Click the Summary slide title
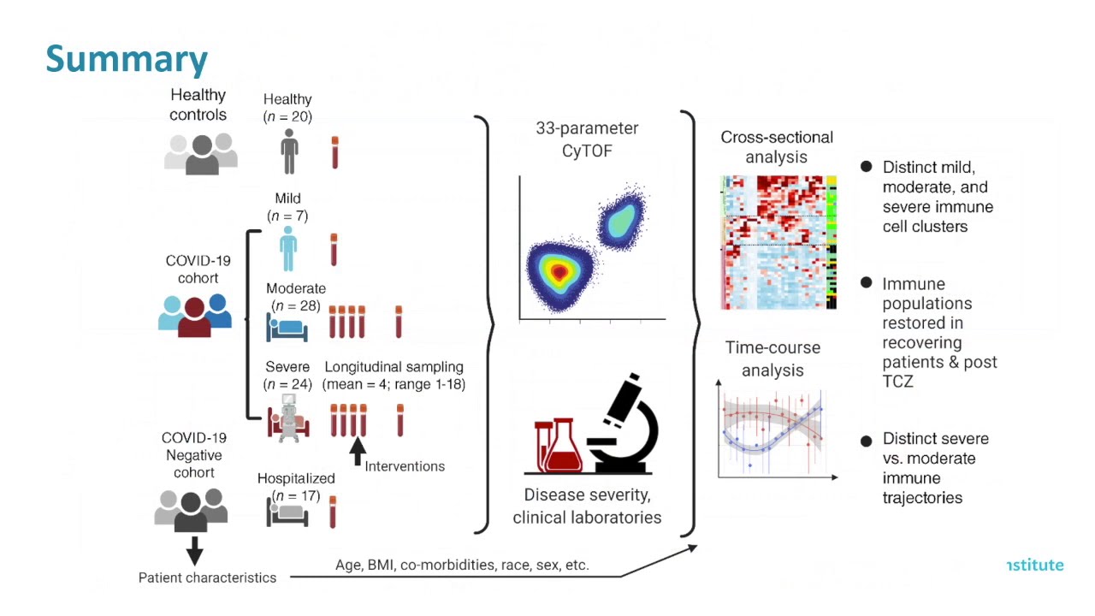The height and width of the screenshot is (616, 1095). click(127, 59)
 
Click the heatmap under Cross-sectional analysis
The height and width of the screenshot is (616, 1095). click(778, 242)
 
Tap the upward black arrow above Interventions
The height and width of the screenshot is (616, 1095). click(358, 450)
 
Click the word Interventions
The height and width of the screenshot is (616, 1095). click(405, 466)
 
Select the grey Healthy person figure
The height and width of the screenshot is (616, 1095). click(289, 151)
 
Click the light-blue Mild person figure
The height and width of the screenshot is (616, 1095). click(288, 248)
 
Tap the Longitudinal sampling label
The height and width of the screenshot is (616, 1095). click(394, 366)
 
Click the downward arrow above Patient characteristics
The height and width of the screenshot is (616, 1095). click(194, 550)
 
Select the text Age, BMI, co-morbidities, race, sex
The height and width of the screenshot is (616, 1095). click(461, 566)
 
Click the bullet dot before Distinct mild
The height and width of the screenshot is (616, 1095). click(867, 167)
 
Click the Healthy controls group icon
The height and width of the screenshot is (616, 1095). click(201, 154)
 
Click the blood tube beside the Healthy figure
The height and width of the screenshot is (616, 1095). click(334, 152)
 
